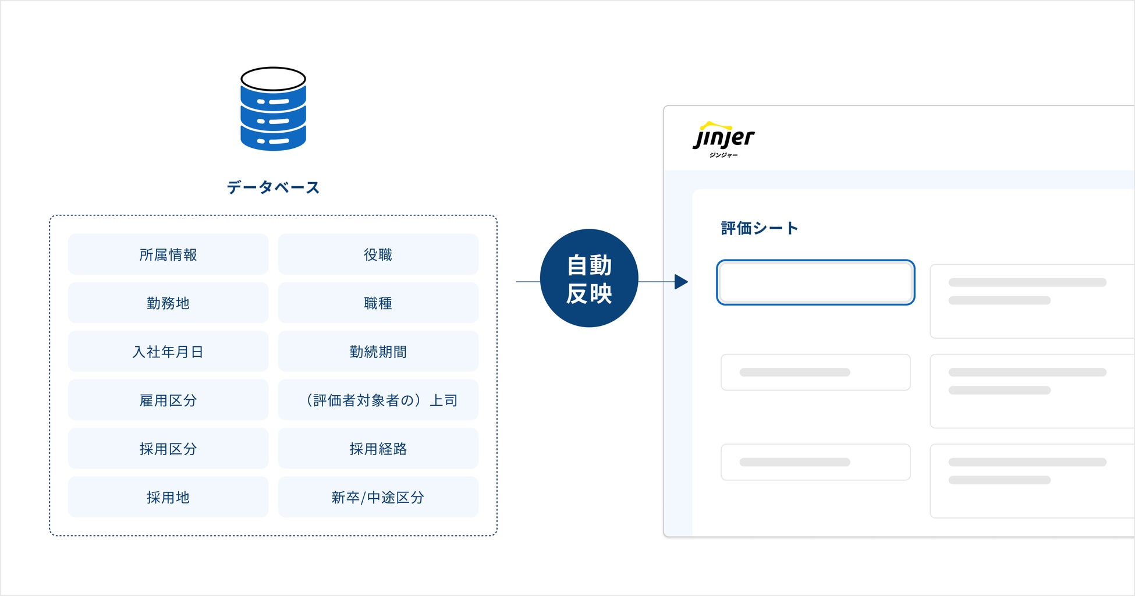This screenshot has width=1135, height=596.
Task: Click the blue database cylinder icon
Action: point(273,109)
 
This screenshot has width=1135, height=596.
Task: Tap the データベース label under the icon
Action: point(273,187)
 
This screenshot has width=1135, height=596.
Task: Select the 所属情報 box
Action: point(168,254)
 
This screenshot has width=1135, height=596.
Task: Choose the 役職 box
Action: point(378,254)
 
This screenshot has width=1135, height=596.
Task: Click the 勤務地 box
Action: point(168,303)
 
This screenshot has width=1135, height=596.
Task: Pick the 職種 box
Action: point(378,303)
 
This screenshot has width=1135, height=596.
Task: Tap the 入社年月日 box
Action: point(168,352)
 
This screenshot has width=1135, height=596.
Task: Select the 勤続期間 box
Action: point(378,352)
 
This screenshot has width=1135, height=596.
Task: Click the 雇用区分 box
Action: point(168,400)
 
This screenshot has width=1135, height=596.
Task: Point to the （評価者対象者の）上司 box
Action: point(378,400)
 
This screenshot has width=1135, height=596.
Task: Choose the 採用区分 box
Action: point(168,449)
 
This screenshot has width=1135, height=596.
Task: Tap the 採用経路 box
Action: point(378,449)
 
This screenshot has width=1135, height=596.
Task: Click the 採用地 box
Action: point(168,497)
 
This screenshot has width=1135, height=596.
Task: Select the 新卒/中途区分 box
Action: point(378,497)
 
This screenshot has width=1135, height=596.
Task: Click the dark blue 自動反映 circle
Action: point(589,278)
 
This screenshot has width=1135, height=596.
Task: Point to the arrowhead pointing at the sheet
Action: point(681,282)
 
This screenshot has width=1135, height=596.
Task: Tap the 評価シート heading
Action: point(759,228)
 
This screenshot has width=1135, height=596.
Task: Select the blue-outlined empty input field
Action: point(815,282)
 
